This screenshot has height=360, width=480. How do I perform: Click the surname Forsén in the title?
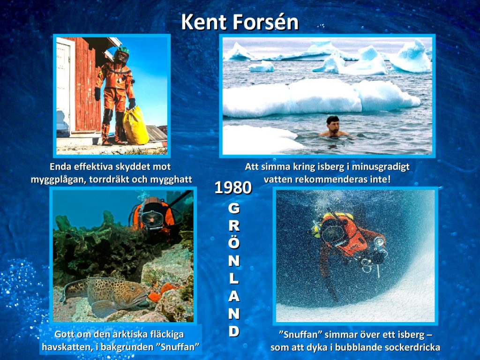click(x=265, y=22)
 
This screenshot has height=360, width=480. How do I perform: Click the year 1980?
click(x=233, y=187)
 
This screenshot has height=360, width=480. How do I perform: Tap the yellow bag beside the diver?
click(x=135, y=125)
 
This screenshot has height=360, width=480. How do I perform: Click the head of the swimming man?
click(x=332, y=123)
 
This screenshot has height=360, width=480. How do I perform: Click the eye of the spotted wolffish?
click(x=133, y=288)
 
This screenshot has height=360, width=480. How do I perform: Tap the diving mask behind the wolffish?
click(x=152, y=218)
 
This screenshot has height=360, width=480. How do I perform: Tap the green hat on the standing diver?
click(x=123, y=50)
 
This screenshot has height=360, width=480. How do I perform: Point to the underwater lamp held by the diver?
click(x=379, y=242)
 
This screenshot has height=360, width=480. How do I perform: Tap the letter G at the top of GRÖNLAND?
click(x=234, y=209)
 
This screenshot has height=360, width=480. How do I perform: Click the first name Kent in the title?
click(x=204, y=22)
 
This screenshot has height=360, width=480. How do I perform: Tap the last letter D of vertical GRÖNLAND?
click(x=234, y=331)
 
